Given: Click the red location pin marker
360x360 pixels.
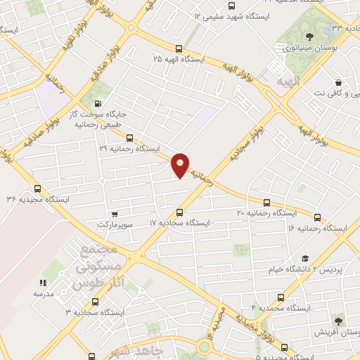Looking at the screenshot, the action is pos(181,165).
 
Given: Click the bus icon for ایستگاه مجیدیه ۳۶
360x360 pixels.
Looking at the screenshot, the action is pos(38,188).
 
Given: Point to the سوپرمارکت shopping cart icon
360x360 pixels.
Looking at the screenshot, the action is pos(114,214).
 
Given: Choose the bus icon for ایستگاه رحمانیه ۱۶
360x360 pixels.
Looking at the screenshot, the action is pos(317,218).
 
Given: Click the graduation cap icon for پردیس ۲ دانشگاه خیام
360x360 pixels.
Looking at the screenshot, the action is pos(304,259).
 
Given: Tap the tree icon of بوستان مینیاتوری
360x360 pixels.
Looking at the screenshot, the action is pos(310,37).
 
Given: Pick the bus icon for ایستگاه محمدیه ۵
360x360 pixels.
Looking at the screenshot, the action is pos(284,347).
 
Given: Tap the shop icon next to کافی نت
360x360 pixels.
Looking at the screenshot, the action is pos(339,82).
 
